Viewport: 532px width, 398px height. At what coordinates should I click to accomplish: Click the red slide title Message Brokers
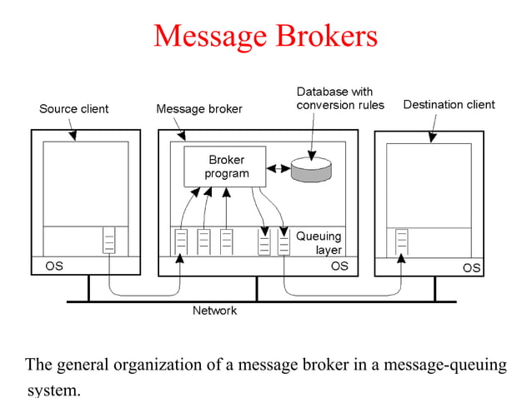click(265, 35)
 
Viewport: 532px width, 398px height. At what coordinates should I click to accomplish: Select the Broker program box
click(224, 167)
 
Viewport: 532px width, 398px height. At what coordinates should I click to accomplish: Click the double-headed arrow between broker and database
click(278, 168)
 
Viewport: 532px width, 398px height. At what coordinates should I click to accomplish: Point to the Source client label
click(73, 108)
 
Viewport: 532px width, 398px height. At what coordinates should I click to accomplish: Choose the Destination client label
click(449, 105)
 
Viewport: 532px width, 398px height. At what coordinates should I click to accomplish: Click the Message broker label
click(199, 108)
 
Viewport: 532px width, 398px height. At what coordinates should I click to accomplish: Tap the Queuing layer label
click(319, 242)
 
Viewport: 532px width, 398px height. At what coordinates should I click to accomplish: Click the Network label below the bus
click(214, 311)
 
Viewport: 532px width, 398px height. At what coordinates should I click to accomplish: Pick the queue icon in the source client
click(109, 240)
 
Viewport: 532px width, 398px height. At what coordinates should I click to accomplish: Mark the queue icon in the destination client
click(403, 241)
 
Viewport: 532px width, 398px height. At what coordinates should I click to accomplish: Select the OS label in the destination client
click(471, 267)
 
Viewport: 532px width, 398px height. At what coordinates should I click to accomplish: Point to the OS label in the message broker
click(339, 266)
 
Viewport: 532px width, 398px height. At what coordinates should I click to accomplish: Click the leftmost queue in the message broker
click(180, 241)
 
